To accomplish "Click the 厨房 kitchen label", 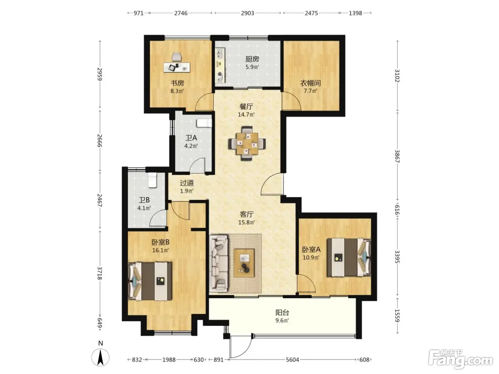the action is [252, 59].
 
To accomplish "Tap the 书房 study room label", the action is [177, 83].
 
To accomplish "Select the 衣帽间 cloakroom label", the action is [310, 83].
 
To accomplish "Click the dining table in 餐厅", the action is [247, 144].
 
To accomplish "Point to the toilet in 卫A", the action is [204, 123].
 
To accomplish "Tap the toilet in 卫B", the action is [152, 180].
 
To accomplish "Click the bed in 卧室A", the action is [349, 257].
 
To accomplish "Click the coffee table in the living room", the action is [244, 263].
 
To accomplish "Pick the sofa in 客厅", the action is [219, 264].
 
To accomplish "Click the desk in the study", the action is [177, 67].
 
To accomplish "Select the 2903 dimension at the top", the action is [247, 13].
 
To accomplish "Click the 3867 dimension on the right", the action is [397, 156].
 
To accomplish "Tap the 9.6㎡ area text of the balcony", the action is [282, 321].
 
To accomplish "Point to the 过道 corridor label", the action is [187, 183].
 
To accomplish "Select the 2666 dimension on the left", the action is [99, 141].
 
